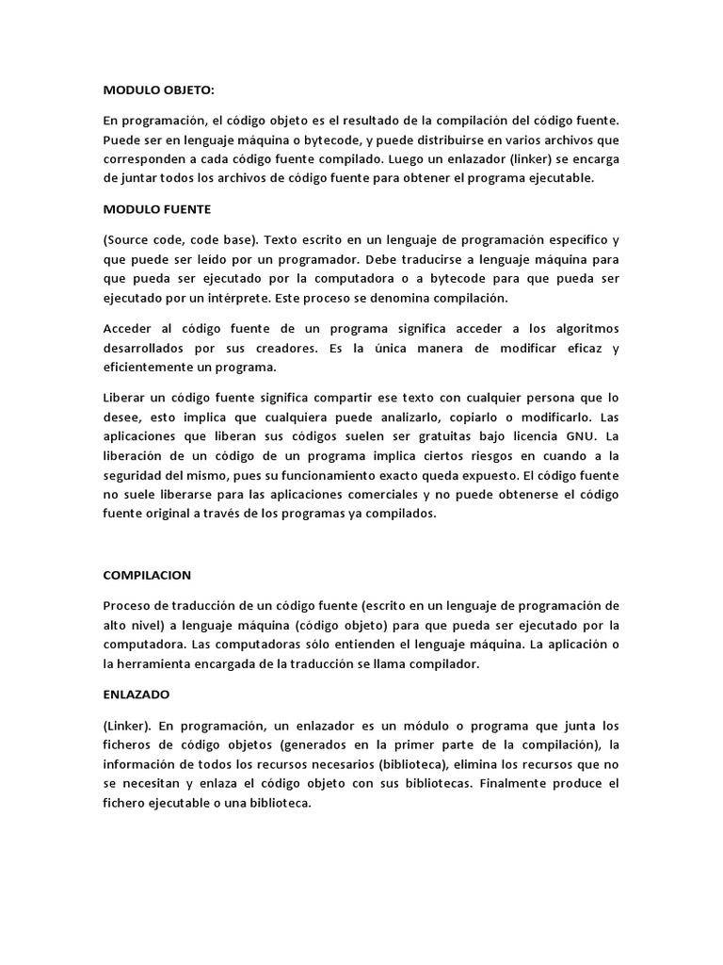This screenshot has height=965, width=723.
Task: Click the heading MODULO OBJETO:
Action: point(158,90)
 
